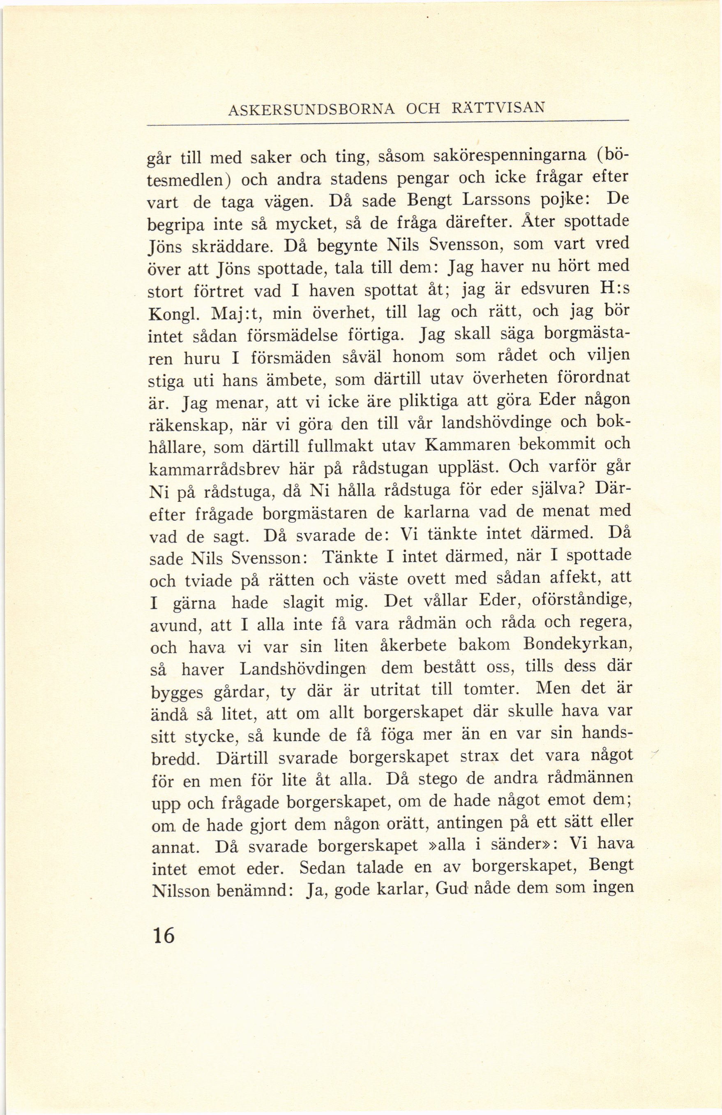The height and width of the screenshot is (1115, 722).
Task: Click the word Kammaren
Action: (461, 445)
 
